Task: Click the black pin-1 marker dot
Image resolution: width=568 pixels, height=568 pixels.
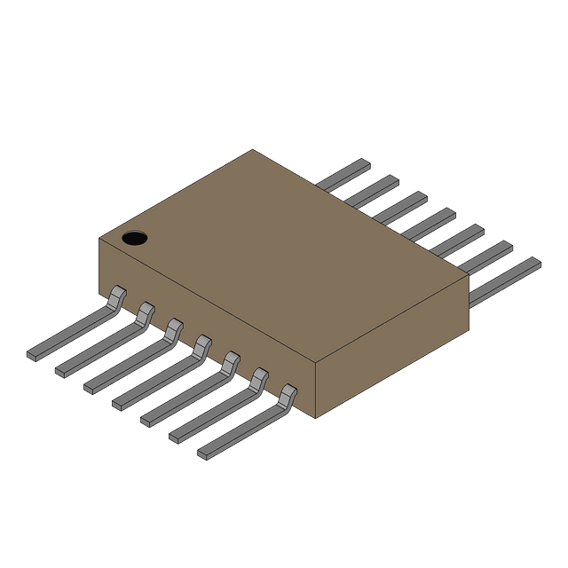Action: pos(134,238)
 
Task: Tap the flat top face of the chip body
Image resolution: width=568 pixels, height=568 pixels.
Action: pos(284,257)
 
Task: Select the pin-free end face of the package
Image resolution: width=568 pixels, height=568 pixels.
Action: pos(390,346)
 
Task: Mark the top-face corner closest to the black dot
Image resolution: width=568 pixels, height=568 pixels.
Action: pos(99,238)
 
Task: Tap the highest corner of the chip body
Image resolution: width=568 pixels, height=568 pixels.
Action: pos(252,149)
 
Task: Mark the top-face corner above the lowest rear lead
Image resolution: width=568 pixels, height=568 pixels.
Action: pos(468,276)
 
